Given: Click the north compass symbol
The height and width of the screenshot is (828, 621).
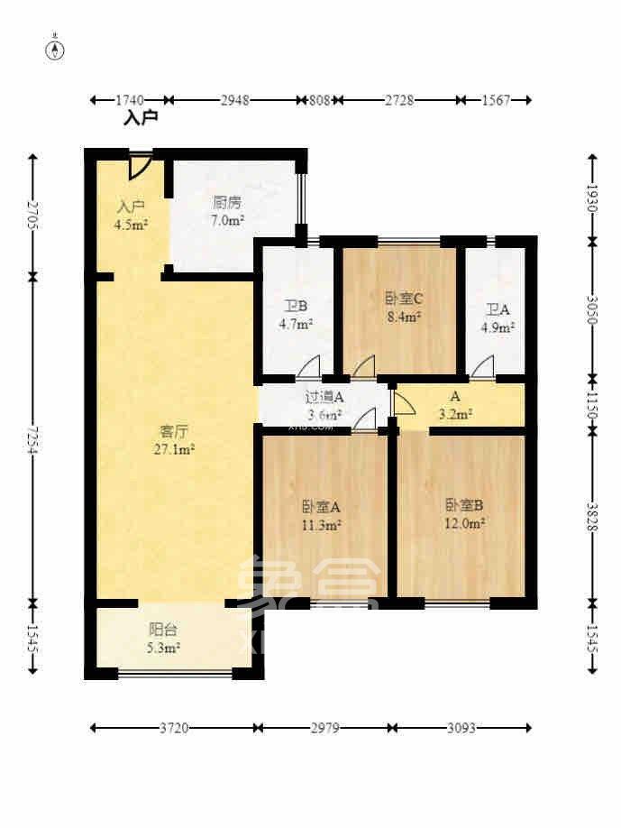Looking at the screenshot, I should [56, 50].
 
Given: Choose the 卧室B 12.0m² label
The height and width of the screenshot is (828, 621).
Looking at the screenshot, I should [465, 513].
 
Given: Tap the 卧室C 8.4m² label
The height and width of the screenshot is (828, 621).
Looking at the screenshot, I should [403, 308].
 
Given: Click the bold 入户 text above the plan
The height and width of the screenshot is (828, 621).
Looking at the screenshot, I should [141, 117].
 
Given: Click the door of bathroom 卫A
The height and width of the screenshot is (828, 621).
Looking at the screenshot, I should [483, 366].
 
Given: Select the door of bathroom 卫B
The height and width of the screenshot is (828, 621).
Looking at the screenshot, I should [308, 366].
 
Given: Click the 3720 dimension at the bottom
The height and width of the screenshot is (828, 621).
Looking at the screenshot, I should [173, 727].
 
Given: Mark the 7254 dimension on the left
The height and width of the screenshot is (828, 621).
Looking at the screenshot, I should [33, 438].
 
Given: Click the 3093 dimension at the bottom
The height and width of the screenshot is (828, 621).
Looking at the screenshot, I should [461, 727].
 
